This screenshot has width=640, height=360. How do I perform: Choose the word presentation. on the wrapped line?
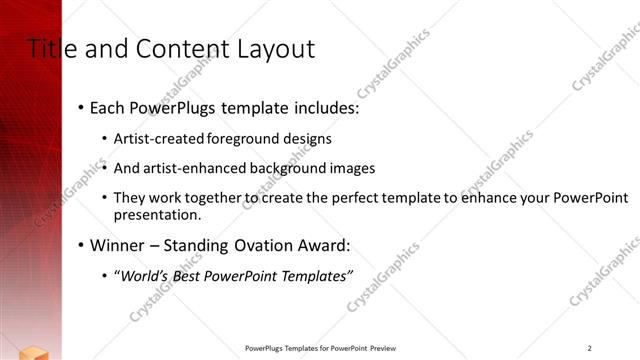click(x=158, y=214)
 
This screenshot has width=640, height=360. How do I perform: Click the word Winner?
click(x=118, y=245)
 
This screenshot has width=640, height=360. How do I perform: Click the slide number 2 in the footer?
click(x=590, y=348)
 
